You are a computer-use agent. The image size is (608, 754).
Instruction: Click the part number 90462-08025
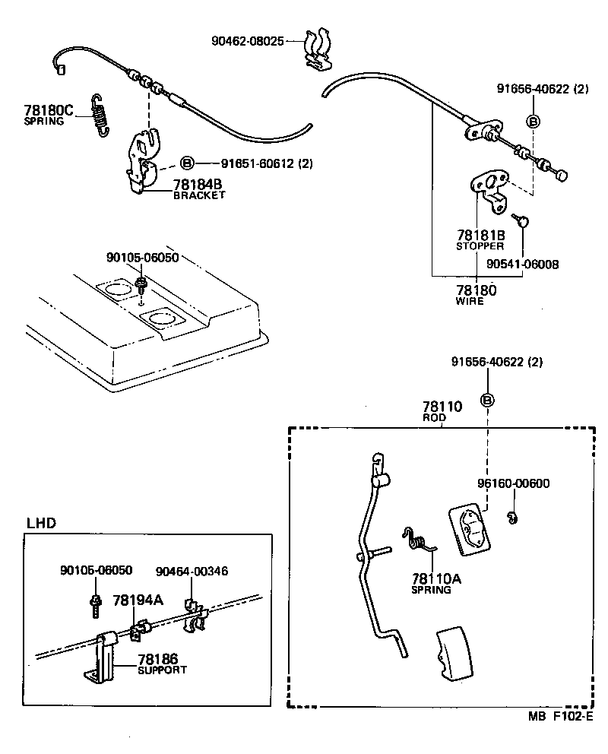[x=247, y=40]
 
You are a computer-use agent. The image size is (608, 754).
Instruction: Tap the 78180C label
[x=48, y=111]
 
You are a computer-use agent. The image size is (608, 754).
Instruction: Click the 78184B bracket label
[x=198, y=185]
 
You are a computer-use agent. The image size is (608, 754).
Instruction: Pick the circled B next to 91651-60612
[x=188, y=163]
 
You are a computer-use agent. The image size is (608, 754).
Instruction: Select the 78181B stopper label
[x=480, y=236]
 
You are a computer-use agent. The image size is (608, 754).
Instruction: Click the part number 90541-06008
[x=524, y=265]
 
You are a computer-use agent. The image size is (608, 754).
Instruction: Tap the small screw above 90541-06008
[x=519, y=220]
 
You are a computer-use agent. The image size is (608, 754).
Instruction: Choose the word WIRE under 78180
[x=470, y=301]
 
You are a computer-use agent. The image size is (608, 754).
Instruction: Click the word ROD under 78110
[x=434, y=418]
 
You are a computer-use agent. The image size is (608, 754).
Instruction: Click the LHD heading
[x=42, y=523]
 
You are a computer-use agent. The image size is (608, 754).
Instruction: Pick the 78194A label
[x=138, y=600]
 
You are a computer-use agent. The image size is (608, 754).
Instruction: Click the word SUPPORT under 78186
[x=162, y=670]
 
